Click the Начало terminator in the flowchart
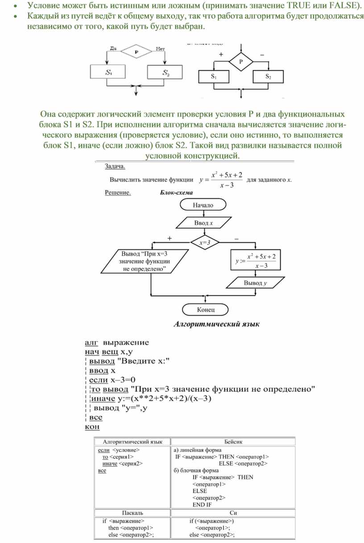pyautogui.click(x=203, y=205)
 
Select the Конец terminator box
pyautogui.click(x=206, y=309)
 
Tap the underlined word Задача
pyautogui.click(x=115, y=167)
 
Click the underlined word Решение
pyautogui.click(x=118, y=193)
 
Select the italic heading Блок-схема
pyautogui.click(x=176, y=193)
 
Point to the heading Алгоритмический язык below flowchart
pyautogui.click(x=216, y=324)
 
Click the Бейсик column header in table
pyautogui.click(x=233, y=441)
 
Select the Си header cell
pyautogui.click(x=233, y=513)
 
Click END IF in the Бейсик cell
pyautogui.click(x=202, y=505)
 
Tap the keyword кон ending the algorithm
pyautogui.click(x=92, y=427)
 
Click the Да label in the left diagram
pyautogui.click(x=112, y=49)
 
